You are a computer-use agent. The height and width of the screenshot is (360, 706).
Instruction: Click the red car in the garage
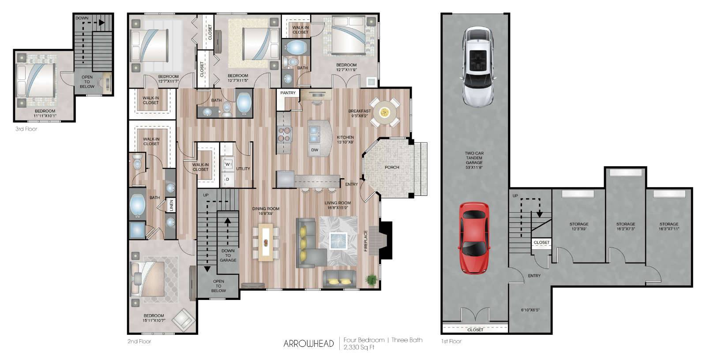pyautogui.click(x=474, y=238)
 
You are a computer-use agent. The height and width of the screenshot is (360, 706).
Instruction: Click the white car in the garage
pyautogui.click(x=478, y=67)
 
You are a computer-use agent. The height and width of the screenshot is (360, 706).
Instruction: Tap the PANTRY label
pyautogui.click(x=288, y=93)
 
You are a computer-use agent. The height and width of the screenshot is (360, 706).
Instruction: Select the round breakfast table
pyautogui.click(x=384, y=112)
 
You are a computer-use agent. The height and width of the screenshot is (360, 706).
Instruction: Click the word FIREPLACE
pyautogui.click(x=366, y=241)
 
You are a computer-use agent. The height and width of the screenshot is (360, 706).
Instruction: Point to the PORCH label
pyautogui.click(x=392, y=167)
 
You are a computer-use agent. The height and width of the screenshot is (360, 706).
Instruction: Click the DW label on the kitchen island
pyautogui.click(x=315, y=150)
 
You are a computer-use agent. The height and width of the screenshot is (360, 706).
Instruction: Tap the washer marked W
pyautogui.click(x=228, y=164)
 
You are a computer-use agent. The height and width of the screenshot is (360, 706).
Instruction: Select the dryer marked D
pyautogui.click(x=228, y=180)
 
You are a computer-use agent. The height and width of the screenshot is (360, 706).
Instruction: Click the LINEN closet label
pyautogui.click(x=172, y=206)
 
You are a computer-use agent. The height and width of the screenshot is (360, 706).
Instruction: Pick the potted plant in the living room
pyautogui.click(x=372, y=280)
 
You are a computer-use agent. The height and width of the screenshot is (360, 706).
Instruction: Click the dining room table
pyautogui.click(x=266, y=242)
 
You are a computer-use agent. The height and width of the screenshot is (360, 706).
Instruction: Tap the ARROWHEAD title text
pyautogui.click(x=308, y=344)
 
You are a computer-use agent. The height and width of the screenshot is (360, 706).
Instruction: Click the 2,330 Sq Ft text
pyautogui.click(x=359, y=347)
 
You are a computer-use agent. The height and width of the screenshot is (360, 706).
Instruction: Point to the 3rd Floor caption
pyautogui.click(x=26, y=129)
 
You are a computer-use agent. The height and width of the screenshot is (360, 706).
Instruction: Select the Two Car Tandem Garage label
pyautogui.click(x=474, y=160)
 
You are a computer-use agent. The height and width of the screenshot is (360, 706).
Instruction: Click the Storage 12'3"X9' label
pyautogui.click(x=578, y=226)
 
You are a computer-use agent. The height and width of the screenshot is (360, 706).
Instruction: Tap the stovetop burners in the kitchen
pyautogui.click(x=284, y=134)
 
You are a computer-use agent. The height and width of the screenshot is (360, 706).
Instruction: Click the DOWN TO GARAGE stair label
pyautogui.click(x=228, y=255)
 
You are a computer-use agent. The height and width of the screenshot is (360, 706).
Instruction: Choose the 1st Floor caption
pyautogui.click(x=451, y=341)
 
